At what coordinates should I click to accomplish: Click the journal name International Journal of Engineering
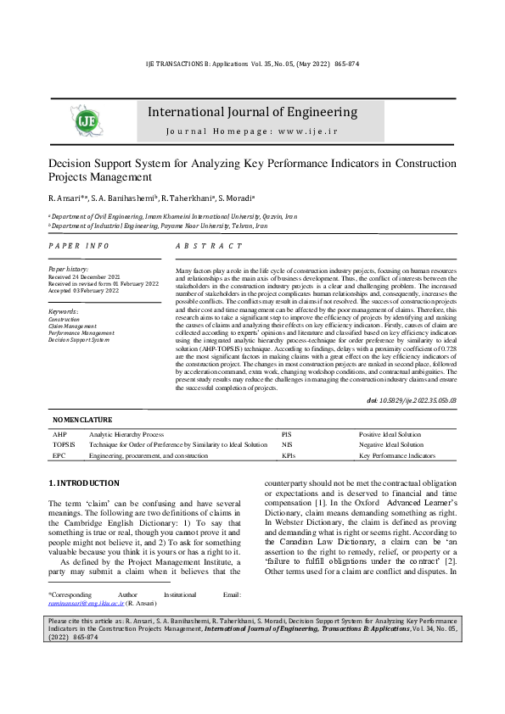tap(252, 113)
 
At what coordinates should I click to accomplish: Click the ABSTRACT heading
tap(208, 245)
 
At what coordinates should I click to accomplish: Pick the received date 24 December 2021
tap(97, 276)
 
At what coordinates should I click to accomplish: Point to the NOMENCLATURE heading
tap(82, 420)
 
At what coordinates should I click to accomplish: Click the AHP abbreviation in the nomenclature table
tap(59, 433)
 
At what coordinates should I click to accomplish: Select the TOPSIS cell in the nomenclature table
tap(64, 444)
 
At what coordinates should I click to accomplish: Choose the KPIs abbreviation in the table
tap(289, 455)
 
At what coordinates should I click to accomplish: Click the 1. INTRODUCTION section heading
tap(84, 483)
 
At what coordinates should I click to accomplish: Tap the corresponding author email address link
tap(86, 604)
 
